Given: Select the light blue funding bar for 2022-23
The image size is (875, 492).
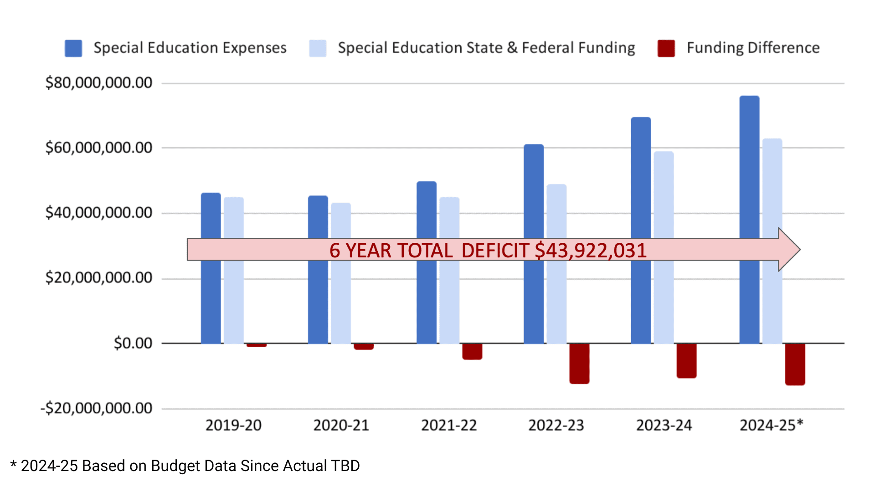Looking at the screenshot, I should [556, 296].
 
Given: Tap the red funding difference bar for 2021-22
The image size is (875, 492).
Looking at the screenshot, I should [472, 352].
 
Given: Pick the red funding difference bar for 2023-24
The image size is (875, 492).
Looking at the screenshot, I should [686, 361].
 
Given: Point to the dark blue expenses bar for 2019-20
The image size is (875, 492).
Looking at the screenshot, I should [211, 296].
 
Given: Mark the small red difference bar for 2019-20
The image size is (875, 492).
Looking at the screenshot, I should [257, 345].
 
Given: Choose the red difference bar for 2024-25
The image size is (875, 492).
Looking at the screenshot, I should [795, 364].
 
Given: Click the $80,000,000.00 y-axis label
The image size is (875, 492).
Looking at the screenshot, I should [98, 83].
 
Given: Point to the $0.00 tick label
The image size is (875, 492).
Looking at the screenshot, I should [133, 343].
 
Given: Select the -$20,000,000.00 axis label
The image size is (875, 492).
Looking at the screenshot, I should [96, 408].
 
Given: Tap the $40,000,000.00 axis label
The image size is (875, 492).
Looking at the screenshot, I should [98, 213].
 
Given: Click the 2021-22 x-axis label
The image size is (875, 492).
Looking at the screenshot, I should [449, 425].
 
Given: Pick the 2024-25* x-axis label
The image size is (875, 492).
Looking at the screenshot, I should [771, 425].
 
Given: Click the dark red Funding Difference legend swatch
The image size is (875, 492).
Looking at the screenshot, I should [666, 48].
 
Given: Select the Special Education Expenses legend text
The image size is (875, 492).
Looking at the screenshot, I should [190, 48].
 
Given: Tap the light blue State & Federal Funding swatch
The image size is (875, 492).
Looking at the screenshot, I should [318, 48].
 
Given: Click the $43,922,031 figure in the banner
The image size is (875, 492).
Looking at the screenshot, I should [591, 251].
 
